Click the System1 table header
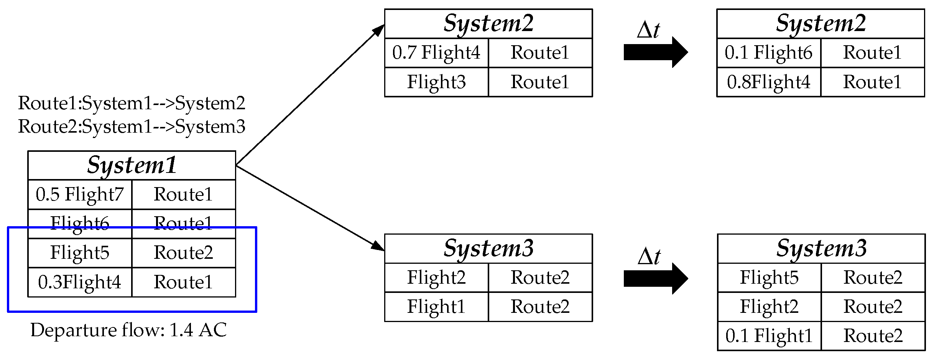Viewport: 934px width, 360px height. click(x=132, y=166)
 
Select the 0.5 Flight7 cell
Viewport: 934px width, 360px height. click(x=80, y=194)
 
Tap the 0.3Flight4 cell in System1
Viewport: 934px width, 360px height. click(x=80, y=282)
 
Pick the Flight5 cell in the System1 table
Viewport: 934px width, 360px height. click(x=80, y=253)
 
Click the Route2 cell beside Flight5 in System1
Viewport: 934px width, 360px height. click(x=183, y=253)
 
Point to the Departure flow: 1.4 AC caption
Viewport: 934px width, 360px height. click(x=128, y=330)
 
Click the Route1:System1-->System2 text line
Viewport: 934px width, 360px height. click(x=132, y=103)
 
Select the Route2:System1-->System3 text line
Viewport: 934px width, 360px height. click(x=132, y=127)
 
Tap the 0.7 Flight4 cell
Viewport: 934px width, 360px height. click(x=436, y=53)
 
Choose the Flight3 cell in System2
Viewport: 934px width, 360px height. click(x=436, y=82)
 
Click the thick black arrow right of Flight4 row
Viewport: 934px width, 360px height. click(x=656, y=53)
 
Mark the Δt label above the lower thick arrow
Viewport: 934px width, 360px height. click(x=649, y=256)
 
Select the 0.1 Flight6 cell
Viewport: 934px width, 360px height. click(x=769, y=53)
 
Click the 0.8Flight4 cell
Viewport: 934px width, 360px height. click(x=769, y=82)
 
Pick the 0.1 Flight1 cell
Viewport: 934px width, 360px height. click(x=769, y=336)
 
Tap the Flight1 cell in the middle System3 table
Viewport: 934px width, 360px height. click(x=436, y=307)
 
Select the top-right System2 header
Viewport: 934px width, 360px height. click(x=821, y=24)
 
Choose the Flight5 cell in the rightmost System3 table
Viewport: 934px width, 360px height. click(x=769, y=278)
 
